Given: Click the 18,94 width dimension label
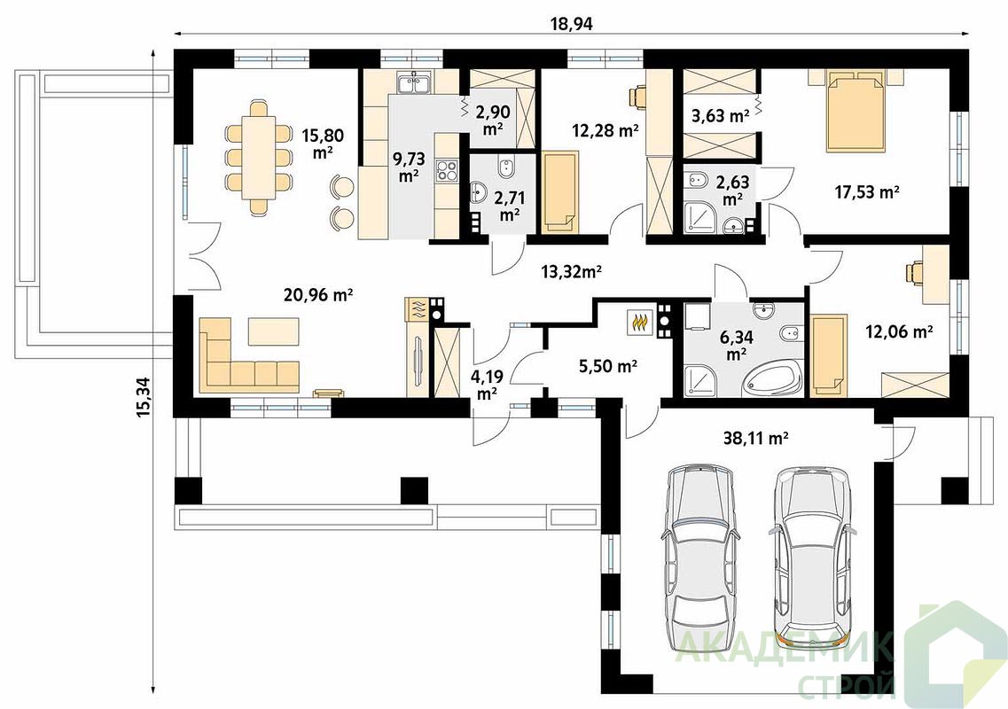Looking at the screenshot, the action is point(571,24).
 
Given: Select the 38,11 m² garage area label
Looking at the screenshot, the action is point(756,439).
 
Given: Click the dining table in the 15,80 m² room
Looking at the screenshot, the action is point(259,157).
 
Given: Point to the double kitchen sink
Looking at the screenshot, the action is point(415,82).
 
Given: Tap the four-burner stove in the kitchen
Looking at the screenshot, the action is point(446,169).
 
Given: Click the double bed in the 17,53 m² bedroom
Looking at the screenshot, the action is point(855,111).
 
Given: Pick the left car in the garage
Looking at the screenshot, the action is point(698,550).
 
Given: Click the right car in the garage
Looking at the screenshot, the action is point(813,550).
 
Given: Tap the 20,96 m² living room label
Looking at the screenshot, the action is point(318,295).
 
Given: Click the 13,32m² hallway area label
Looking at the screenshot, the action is point(571,272).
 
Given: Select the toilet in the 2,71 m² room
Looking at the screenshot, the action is point(505,168).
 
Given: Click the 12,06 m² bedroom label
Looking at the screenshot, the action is point(899,331).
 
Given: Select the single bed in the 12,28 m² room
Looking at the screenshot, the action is point(561,191).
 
